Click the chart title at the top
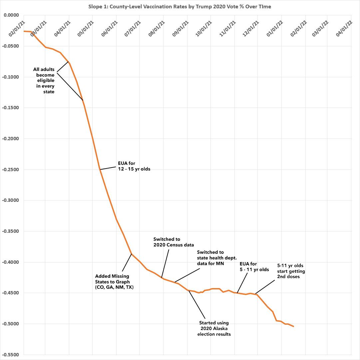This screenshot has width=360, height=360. [180, 7]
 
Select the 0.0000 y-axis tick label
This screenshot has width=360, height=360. [11, 15]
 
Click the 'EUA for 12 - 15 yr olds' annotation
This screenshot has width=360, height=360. [134, 167]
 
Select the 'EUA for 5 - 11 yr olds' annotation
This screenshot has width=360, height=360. [254, 267]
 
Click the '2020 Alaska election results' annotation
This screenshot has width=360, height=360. [214, 328]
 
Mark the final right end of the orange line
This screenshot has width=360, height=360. [293, 326]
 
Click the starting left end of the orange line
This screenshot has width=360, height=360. [24, 31]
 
